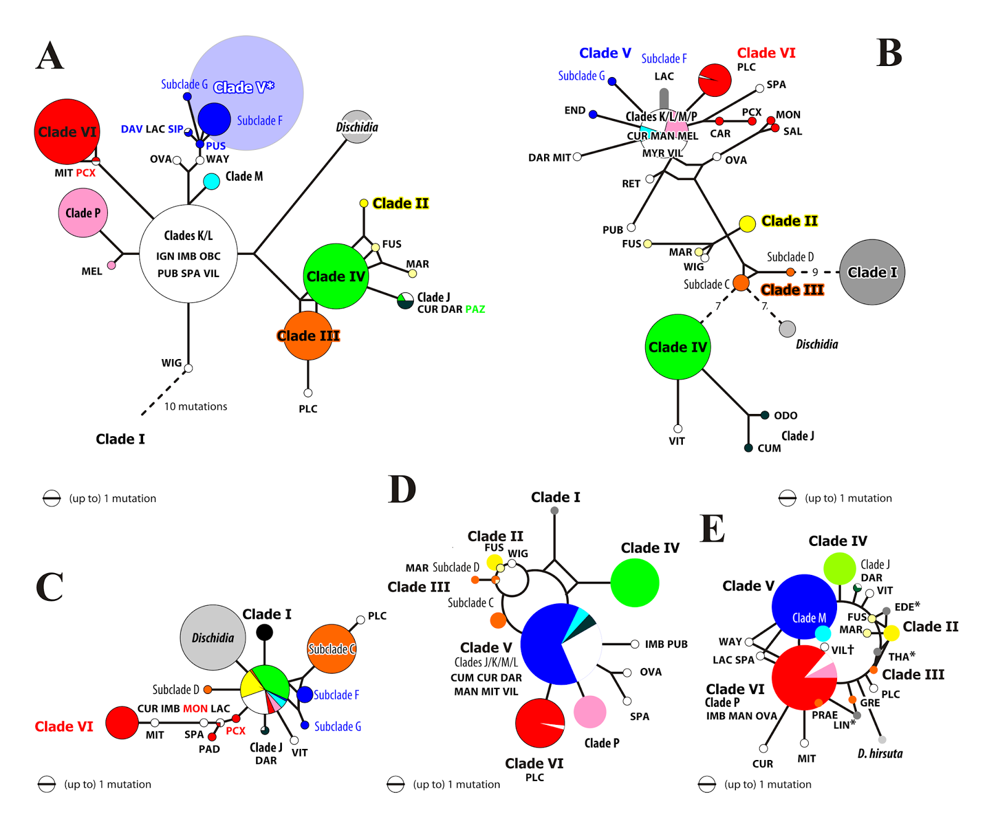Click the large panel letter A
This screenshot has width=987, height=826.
pos(50,56)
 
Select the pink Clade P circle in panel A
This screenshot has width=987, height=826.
pos(83,213)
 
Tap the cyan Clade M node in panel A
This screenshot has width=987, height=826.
pos(212,181)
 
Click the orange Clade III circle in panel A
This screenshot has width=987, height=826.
pos(308,336)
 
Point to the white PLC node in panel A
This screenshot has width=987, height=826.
pos(308,393)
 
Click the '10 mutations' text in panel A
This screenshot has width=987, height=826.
pos(196,407)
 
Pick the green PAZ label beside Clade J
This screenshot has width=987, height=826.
pos(475,309)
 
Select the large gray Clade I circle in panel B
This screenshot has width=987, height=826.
pos(872,272)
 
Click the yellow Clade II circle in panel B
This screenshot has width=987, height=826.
pos(747,224)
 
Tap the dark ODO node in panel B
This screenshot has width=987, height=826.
pos(764,415)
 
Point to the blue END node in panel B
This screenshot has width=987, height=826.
pos(593,114)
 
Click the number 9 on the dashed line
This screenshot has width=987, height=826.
pos(815,272)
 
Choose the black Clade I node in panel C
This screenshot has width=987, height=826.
pos(264,632)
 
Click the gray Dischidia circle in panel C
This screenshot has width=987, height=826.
pos(213,638)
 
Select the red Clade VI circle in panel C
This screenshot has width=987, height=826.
pos(122,722)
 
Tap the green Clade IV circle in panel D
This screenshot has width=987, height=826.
pos(635,582)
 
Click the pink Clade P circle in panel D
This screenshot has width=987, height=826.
pos(590,712)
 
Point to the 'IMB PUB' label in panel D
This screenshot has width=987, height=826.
pos(666,644)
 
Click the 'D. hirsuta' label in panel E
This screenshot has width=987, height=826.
pos(880,753)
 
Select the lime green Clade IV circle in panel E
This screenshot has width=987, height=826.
pos(840,568)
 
